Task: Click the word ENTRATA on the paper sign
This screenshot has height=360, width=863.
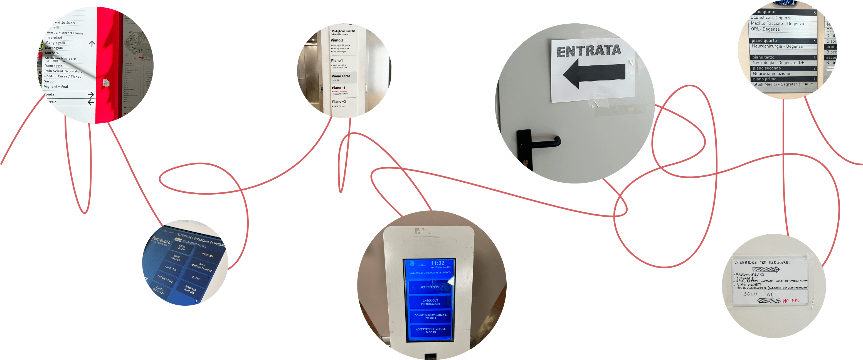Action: click(589, 51)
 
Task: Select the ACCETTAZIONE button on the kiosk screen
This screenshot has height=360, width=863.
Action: click(430, 287)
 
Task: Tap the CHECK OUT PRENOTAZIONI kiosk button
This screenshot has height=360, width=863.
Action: click(430, 302)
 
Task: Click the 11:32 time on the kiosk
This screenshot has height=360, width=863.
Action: click(438, 263)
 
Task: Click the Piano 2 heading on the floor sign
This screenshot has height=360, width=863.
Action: click(337, 40)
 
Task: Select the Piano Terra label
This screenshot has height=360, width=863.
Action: click(341, 76)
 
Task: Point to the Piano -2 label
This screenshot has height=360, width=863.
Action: click(339, 102)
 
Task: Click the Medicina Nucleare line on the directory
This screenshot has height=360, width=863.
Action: click(60, 58)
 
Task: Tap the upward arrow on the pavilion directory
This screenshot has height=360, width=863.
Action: click(92, 44)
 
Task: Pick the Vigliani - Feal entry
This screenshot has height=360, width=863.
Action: click(56, 87)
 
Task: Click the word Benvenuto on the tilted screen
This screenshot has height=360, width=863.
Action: click(161, 241)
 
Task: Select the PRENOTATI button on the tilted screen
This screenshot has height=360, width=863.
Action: click(207, 255)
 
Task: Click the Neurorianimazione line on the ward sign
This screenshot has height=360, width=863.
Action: click(771, 74)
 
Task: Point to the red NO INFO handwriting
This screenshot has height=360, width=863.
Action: click(791, 301)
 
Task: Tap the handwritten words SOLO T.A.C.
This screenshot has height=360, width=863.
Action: click(759, 294)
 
